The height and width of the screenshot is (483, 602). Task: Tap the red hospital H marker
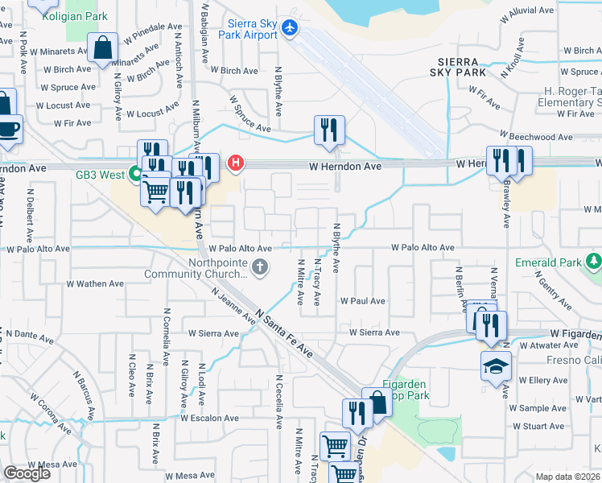tap(236, 163)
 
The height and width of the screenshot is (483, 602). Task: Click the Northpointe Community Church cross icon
tap(259, 267)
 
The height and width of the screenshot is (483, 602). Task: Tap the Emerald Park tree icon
tap(594, 261)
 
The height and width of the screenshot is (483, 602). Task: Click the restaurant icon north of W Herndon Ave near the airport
tap(328, 130)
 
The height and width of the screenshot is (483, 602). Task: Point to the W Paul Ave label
tap(363, 301)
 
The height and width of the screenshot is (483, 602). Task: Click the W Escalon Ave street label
tap(209, 419)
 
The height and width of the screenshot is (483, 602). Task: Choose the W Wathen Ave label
tap(95, 283)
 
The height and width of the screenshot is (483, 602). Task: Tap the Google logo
tap(27, 473)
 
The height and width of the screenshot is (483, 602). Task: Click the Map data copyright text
tap(568, 477)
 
